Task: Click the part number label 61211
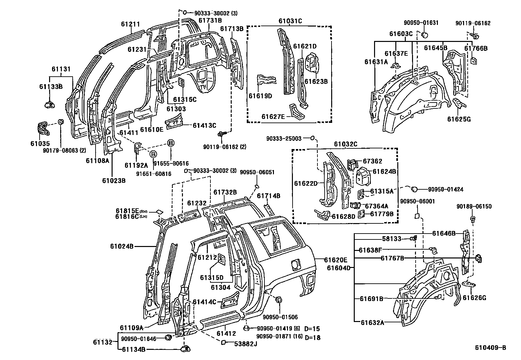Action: (130, 24)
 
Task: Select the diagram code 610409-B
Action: (491, 348)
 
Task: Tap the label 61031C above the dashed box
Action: (290, 21)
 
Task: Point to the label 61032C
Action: (346, 144)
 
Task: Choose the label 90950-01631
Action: (421, 23)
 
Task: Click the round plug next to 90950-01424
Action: (413, 189)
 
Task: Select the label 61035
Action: (40, 143)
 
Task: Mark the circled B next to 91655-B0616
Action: (171, 143)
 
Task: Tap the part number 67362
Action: (372, 161)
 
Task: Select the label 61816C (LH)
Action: (127, 217)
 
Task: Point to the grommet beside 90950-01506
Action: (279, 300)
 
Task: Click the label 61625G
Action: (459, 119)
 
